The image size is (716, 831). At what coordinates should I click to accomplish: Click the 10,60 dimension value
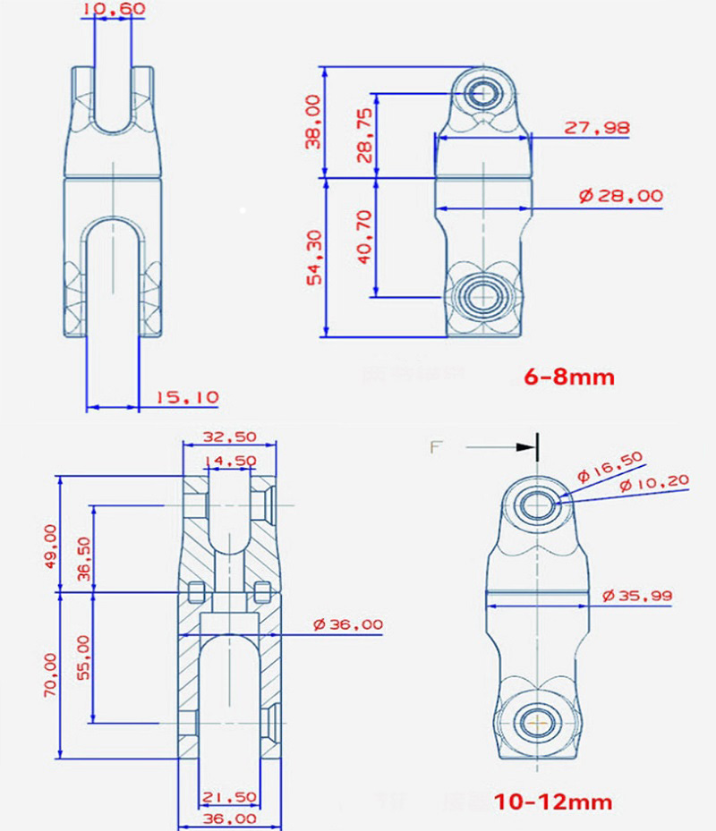[x=112, y=10]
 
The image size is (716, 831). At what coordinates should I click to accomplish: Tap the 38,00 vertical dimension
[x=312, y=122]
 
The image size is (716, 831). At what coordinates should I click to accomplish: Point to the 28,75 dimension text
[x=363, y=135]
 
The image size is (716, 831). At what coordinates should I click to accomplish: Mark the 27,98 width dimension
[x=596, y=128]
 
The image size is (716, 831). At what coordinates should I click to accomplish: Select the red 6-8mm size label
[x=569, y=377]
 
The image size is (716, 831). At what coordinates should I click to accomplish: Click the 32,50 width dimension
[x=229, y=437]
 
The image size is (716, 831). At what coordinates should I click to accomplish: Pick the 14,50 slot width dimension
[x=229, y=461]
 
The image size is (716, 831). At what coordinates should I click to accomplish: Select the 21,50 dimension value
[x=229, y=795]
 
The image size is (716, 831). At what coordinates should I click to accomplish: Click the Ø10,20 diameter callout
[x=654, y=482]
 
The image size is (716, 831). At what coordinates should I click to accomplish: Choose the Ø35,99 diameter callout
[x=637, y=595]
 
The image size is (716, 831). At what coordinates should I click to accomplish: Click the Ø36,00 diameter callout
[x=348, y=624]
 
